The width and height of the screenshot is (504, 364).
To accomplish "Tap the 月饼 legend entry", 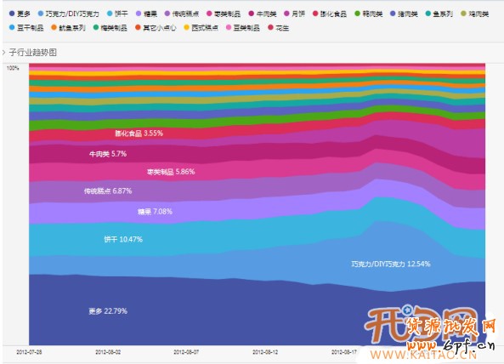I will pyautogui.click(x=296, y=14).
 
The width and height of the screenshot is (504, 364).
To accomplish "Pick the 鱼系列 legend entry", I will pyautogui.click(x=441, y=14).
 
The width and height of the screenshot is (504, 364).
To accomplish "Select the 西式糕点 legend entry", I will pyautogui.click(x=199, y=28).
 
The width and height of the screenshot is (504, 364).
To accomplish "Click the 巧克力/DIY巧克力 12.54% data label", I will pyautogui.click(x=390, y=264).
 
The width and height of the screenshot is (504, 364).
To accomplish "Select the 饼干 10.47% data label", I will pyautogui.click(x=122, y=239).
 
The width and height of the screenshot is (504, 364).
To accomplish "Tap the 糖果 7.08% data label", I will pyautogui.click(x=155, y=211).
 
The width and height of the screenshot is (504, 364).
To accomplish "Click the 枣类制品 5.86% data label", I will pyautogui.click(x=170, y=172).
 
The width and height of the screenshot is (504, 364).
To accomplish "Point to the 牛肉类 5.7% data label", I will pyautogui.click(x=107, y=154).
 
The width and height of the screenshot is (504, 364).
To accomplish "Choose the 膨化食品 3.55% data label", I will pyautogui.click(x=139, y=134).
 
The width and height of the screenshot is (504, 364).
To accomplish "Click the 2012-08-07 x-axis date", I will pyautogui.click(x=187, y=350).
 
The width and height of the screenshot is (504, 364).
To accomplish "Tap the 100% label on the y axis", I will pyautogui.click(x=13, y=68).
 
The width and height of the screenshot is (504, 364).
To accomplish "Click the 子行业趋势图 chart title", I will pyautogui.click(x=33, y=52).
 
